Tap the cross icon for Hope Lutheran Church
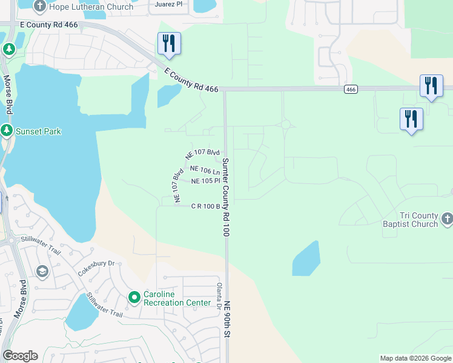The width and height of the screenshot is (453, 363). coord(40,7)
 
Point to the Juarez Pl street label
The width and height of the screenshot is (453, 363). coord(169,4)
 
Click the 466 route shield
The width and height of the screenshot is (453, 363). coord(350,89)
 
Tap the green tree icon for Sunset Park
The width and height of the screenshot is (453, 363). coord(7,131)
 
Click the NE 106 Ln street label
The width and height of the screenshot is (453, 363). coord(205,171)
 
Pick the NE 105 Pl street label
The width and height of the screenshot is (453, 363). coord(205,181)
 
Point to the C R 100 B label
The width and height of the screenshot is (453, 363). coord(205,206)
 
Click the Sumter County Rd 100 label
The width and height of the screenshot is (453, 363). coord(225,197)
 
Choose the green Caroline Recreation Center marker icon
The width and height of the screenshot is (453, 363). coord(134,297)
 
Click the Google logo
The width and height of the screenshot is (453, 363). coord(20,356)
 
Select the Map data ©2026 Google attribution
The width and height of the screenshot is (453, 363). coord(415,358)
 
